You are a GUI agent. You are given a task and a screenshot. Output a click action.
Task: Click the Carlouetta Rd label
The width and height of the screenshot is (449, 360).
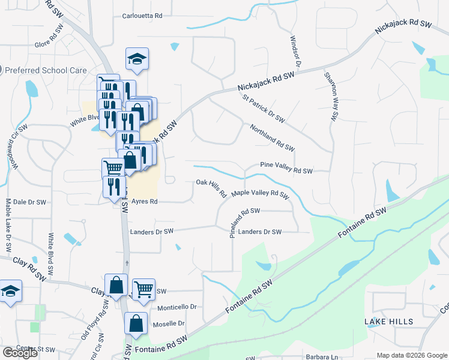[x=142, y=16]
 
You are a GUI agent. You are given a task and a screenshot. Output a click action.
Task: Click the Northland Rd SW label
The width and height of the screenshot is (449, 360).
[x=272, y=138]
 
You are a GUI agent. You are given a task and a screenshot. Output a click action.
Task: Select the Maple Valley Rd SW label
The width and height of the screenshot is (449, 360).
[x=261, y=194]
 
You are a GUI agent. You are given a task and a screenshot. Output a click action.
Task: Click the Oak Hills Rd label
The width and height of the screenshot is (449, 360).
[x=211, y=188]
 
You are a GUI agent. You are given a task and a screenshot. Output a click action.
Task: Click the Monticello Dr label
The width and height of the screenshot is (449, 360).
[x=177, y=307]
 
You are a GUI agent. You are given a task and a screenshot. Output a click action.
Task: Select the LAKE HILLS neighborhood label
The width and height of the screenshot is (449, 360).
[x=389, y=322]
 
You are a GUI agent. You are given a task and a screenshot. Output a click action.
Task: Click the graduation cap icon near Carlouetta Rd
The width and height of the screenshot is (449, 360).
[x=137, y=59]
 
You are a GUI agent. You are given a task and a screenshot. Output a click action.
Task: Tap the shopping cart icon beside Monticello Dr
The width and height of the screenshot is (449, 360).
[x=143, y=290]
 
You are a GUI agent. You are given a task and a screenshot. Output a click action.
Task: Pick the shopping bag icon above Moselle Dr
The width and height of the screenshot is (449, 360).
[x=136, y=323]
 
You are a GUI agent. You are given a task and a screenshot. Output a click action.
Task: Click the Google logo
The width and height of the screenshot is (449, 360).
[x=20, y=353]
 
